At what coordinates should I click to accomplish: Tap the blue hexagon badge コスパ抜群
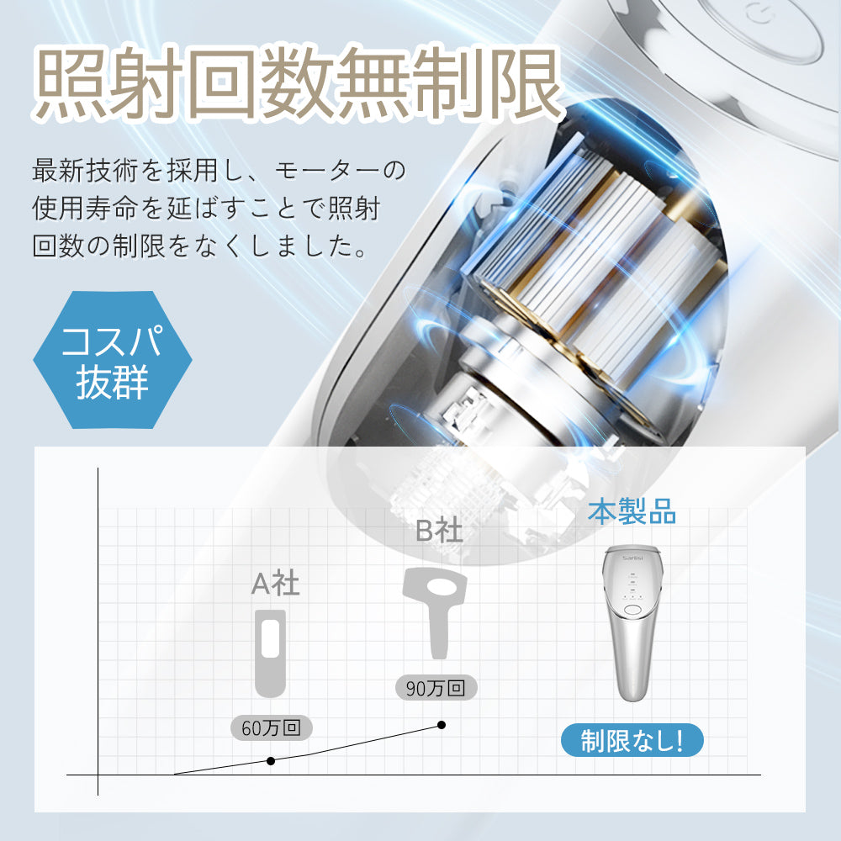pos(113,360)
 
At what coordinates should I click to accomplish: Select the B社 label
pos(439,530)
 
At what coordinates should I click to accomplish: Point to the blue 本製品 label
pos(632,511)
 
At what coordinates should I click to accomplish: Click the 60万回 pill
pos(271,727)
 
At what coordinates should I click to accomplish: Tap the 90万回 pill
pos(436,687)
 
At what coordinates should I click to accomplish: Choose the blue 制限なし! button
pos(632,740)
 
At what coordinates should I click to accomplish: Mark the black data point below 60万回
pos(271,761)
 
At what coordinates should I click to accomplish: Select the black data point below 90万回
pos(442,724)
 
